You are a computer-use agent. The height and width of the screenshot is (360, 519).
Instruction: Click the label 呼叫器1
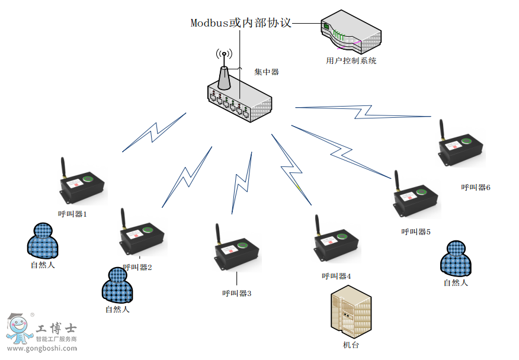(x=72, y=214)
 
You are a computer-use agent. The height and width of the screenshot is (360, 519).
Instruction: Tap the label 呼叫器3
(x=237, y=293)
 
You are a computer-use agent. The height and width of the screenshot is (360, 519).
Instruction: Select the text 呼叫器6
(x=476, y=187)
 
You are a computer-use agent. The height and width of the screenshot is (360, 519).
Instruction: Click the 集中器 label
(x=267, y=72)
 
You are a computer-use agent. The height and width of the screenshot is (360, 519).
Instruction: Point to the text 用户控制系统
(x=351, y=60)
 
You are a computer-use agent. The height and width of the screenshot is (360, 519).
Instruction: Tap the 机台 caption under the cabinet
(x=351, y=345)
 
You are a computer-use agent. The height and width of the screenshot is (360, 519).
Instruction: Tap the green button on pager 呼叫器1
(x=89, y=179)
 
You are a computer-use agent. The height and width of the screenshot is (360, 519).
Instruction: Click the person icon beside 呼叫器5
(x=456, y=259)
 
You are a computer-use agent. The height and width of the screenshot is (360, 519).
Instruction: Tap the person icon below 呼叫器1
(x=43, y=240)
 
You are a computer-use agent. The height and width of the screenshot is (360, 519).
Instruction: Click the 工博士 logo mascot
(x=18, y=329)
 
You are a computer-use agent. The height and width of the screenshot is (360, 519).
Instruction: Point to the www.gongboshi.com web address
(x=42, y=349)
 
